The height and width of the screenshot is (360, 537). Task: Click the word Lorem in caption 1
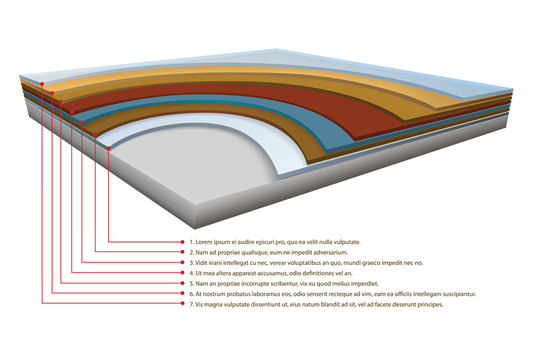(x=206, y=242)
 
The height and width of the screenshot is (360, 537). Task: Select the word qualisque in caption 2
(x=256, y=252)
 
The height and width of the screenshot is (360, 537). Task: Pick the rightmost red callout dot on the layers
(x=108, y=150)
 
